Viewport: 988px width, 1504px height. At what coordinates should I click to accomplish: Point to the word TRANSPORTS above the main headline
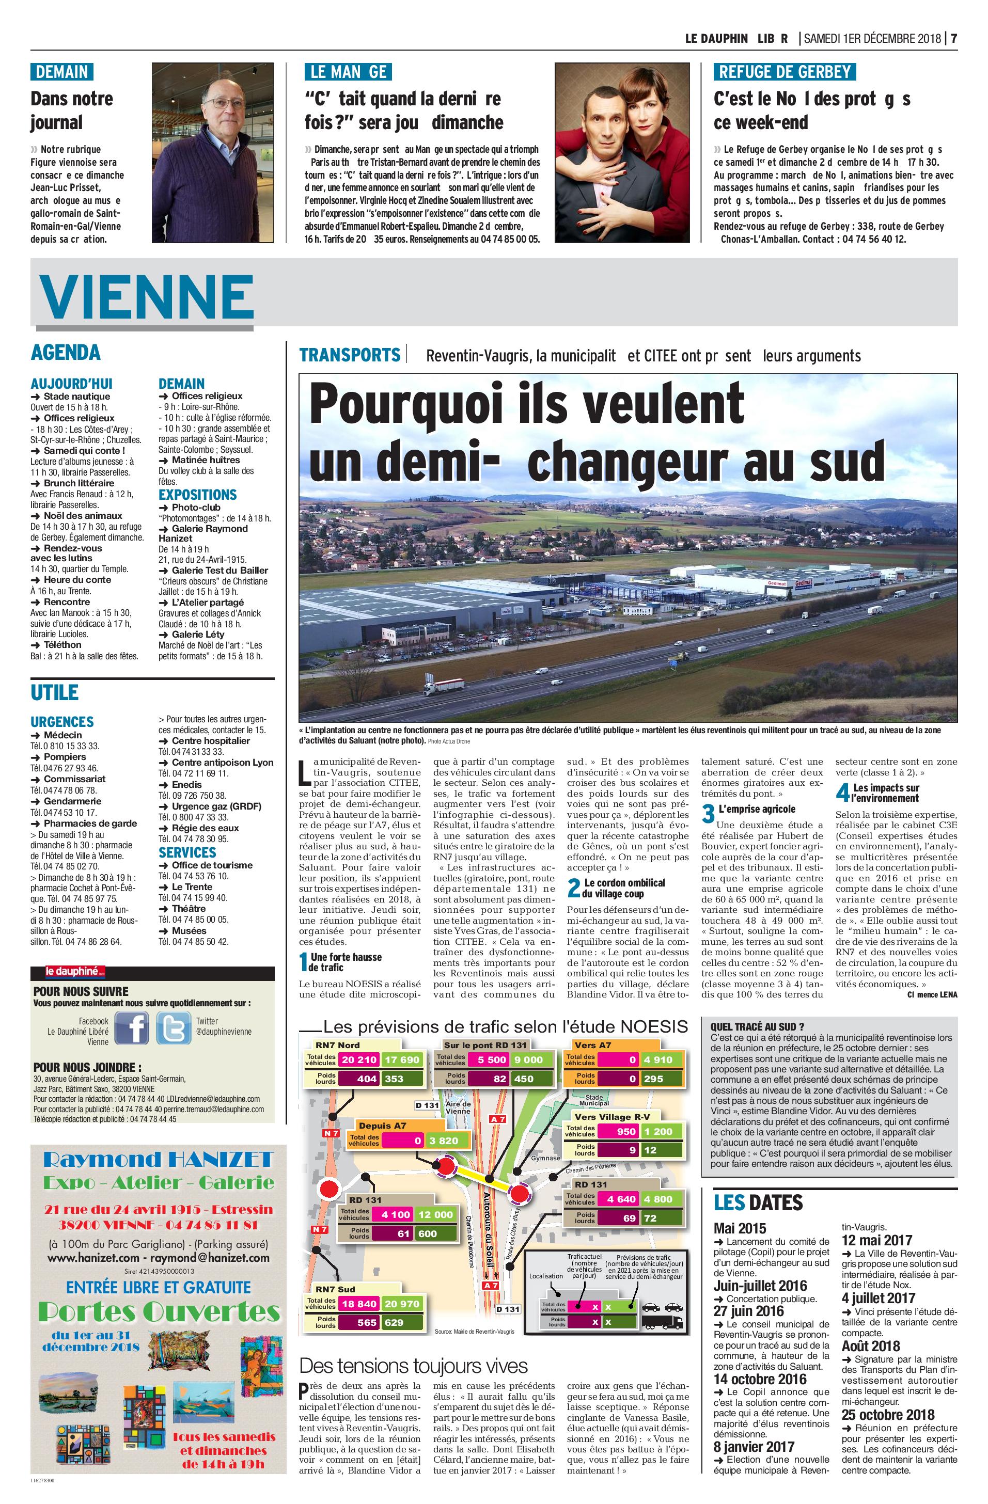pyautogui.click(x=350, y=355)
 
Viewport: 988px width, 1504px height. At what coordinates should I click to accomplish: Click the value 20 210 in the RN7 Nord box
pyautogui.click(x=358, y=1059)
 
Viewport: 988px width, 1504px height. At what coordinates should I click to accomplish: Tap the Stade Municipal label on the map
pyautogui.click(x=593, y=1100)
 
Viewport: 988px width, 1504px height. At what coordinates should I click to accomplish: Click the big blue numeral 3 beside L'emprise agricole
pyautogui.click(x=709, y=813)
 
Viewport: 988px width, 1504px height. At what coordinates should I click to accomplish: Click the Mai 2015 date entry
pyautogui.click(x=740, y=1228)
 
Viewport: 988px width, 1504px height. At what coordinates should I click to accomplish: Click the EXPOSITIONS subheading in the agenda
pyautogui.click(x=197, y=494)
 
